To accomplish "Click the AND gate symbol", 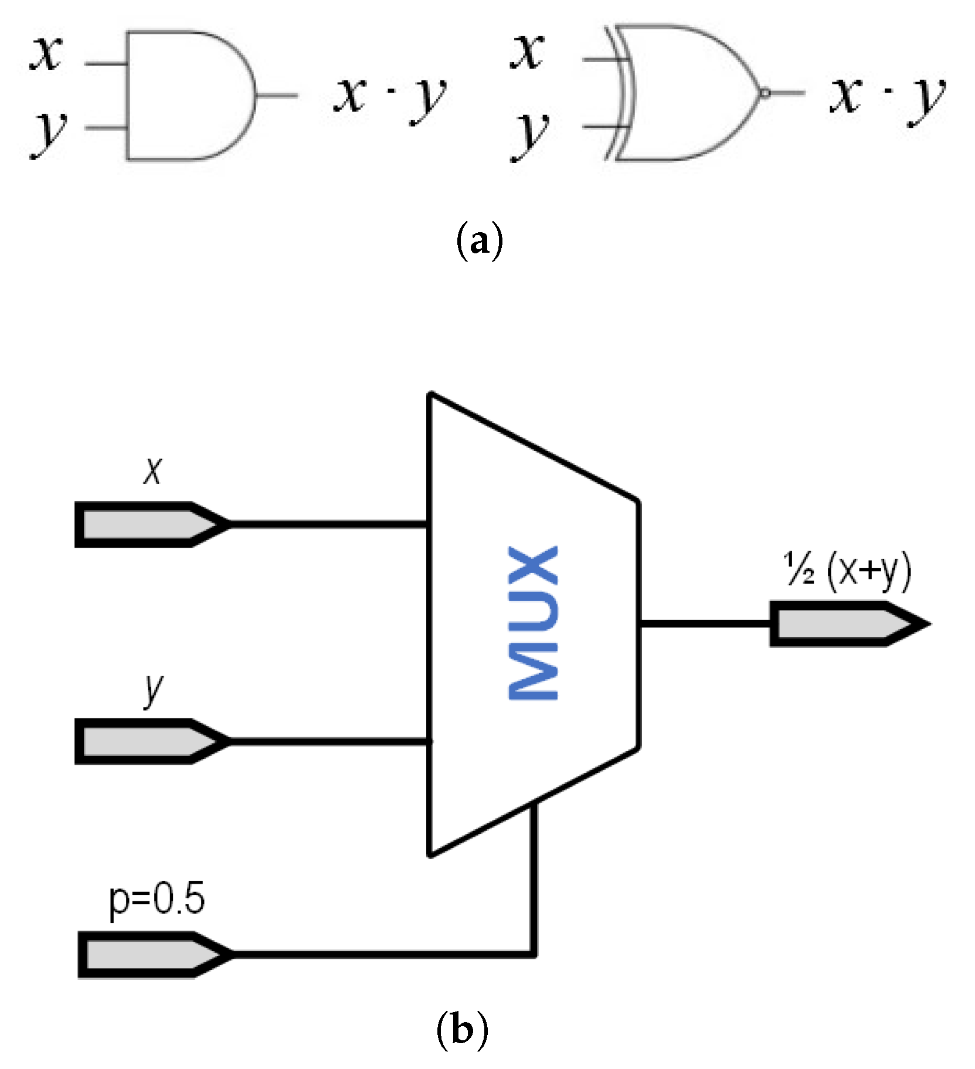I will (x=188, y=96).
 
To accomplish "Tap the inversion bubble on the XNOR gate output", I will (x=764, y=93).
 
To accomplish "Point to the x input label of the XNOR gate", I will (x=528, y=52).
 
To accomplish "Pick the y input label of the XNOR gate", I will (x=531, y=135).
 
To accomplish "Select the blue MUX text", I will (x=532, y=623).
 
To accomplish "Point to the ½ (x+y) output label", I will (x=848, y=570).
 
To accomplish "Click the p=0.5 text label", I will (x=157, y=900).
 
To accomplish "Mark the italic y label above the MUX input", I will (x=154, y=690).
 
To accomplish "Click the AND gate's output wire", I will (x=277, y=96).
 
